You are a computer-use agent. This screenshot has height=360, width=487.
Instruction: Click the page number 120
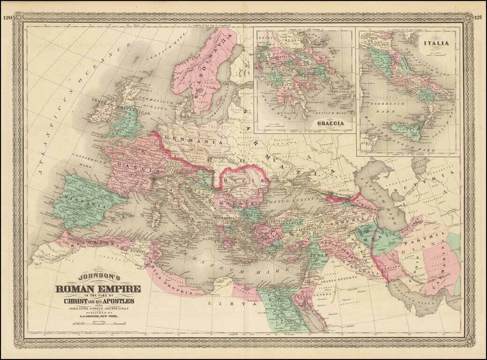(7, 18)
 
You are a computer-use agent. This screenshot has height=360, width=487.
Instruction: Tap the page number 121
(479, 18)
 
